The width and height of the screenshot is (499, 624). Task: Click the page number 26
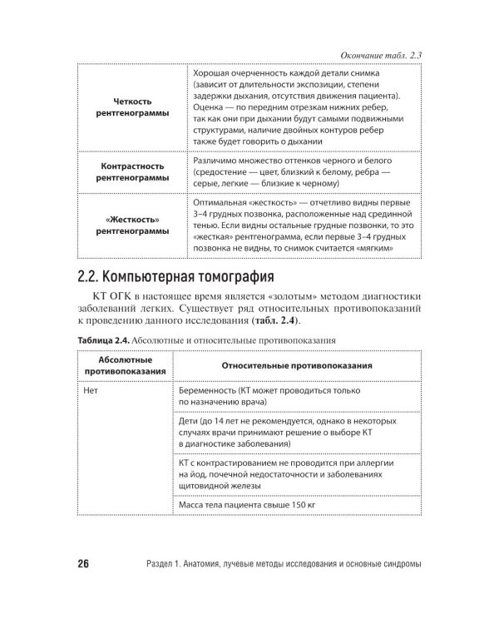click(83, 564)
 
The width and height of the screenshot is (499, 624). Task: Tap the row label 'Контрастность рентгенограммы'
click(131, 171)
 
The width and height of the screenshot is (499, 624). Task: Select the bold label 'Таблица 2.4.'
click(102, 339)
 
